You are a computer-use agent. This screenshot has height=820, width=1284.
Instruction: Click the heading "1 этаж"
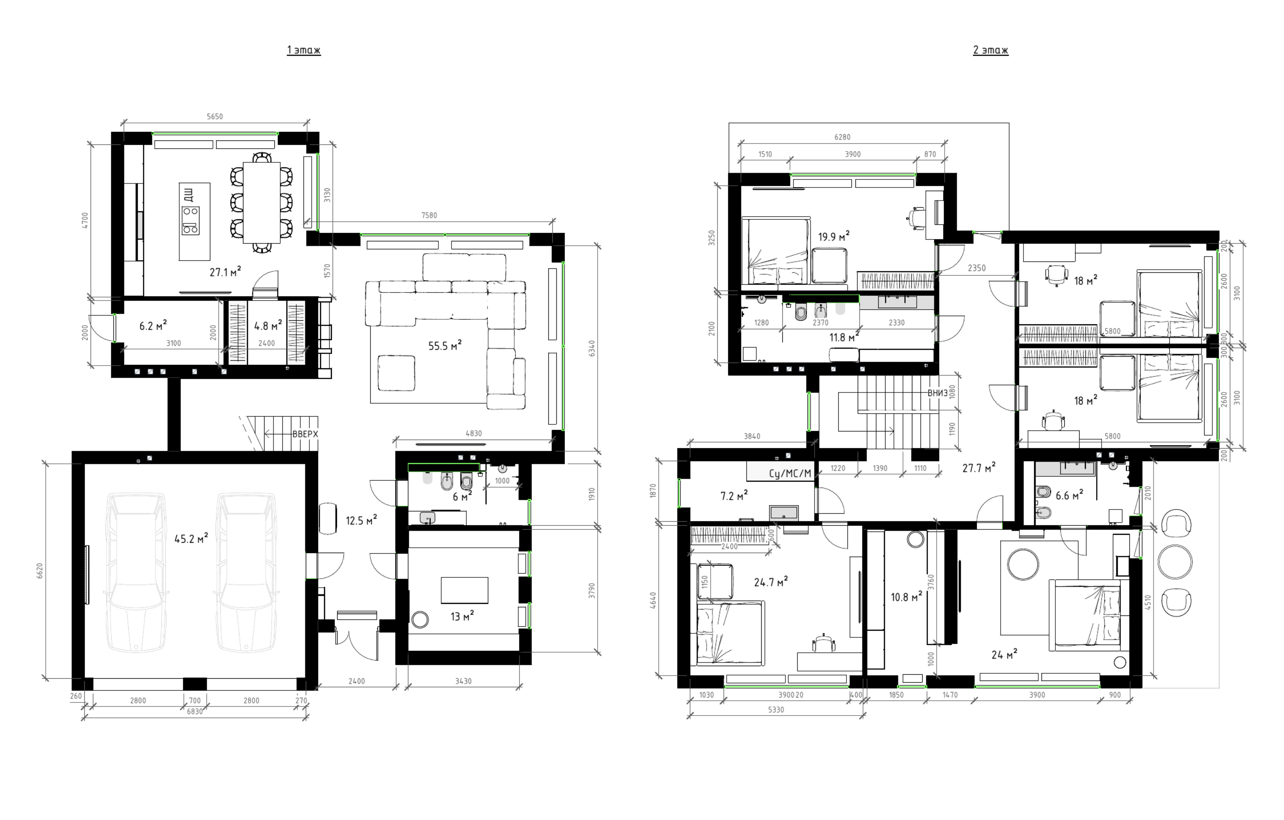pyautogui.click(x=304, y=50)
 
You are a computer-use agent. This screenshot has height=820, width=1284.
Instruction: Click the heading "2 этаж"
pyautogui.click(x=990, y=50)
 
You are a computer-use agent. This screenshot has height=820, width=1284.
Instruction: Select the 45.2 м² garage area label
pyautogui.click(x=191, y=538)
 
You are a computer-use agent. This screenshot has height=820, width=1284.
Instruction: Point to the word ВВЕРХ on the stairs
pyautogui.click(x=305, y=434)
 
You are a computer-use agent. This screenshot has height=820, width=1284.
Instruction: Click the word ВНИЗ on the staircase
pyautogui.click(x=937, y=393)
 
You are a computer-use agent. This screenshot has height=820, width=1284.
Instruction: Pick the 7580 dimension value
pyautogui.click(x=429, y=215)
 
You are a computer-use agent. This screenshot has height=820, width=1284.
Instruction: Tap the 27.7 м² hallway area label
pyautogui.click(x=979, y=468)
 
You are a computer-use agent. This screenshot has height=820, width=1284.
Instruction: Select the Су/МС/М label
pyautogui.click(x=789, y=473)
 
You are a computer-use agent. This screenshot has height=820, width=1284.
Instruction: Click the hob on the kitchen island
pyautogui.click(x=191, y=220)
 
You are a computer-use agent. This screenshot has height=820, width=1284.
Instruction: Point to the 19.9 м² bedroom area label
pyautogui.click(x=833, y=236)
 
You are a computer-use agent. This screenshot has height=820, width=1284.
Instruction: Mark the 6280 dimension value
pyautogui.click(x=842, y=137)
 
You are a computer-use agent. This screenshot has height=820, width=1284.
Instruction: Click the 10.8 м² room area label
pyautogui.click(x=907, y=597)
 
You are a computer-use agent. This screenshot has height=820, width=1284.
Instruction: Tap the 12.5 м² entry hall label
pyautogui.click(x=361, y=520)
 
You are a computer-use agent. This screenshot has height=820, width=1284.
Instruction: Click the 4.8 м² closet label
pyautogui.click(x=268, y=325)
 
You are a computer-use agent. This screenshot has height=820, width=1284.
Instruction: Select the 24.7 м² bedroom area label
pyautogui.click(x=771, y=582)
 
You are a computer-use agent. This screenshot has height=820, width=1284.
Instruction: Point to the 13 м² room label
pyautogui.click(x=462, y=616)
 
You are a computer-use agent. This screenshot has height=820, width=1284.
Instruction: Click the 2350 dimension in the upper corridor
pyautogui.click(x=976, y=268)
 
